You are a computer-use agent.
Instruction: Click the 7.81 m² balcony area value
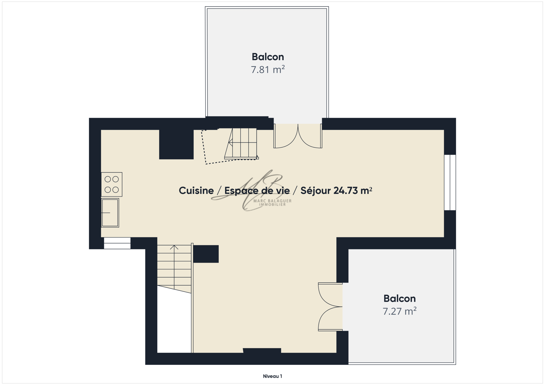coord(268,70)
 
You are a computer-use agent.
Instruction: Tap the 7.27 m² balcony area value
coord(399,311)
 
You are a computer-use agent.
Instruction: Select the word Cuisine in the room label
coord(196,191)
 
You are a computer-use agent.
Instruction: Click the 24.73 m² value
coord(353,191)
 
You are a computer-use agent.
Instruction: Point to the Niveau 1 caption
coord(272,376)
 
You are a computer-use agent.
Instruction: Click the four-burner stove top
coord(112,184)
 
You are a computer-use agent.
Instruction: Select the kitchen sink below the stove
coord(110,213)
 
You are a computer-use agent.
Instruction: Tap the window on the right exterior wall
coord(450,182)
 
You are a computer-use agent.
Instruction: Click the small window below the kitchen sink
coord(117,243)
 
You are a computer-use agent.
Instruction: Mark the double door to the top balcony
coord(298,136)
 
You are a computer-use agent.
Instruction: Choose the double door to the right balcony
coord(330,307)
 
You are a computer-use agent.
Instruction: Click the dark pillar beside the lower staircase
coord(206,254)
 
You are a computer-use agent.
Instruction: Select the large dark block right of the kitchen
coord(176,144)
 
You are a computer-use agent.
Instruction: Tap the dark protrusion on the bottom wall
coord(262,351)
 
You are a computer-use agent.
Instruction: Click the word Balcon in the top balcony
coord(268,57)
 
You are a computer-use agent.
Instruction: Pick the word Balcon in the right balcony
coord(399,299)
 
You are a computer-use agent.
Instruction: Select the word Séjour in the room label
coord(316,191)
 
